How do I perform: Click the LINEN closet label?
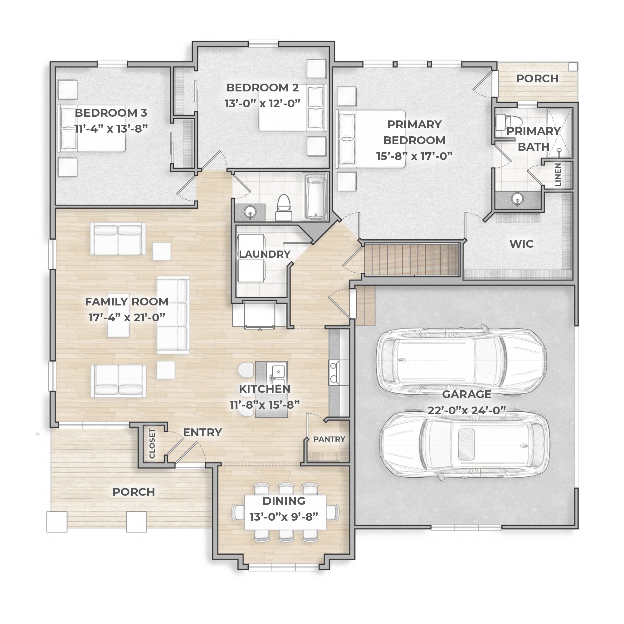[x=558, y=175]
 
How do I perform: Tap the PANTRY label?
[x=329, y=439]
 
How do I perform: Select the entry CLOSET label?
[x=152, y=443]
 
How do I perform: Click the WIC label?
[x=522, y=244]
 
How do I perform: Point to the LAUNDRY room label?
[x=265, y=254]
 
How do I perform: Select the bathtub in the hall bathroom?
[x=315, y=196]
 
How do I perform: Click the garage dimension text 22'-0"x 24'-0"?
[x=467, y=411]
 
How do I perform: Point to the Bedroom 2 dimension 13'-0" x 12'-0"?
[x=263, y=103]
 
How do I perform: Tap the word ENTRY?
[x=202, y=432]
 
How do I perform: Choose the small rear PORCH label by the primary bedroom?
[x=538, y=79]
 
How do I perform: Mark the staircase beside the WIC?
[x=412, y=260]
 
